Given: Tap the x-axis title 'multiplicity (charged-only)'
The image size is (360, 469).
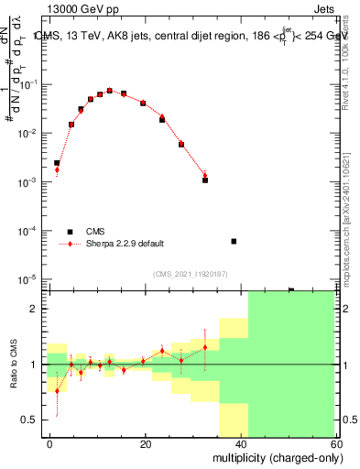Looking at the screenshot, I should (272, 456).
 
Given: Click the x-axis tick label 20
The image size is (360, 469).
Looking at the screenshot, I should (145, 442).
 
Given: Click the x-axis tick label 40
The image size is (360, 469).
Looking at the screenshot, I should (240, 442).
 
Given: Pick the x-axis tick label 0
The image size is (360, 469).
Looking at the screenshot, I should (50, 442).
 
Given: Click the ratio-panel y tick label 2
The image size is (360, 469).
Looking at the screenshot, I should (33, 309).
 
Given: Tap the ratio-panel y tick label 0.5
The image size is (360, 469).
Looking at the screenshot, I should (28, 420).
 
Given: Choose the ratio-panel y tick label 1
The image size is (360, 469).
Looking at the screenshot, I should (33, 365).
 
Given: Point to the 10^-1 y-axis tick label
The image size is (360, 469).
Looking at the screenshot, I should (27, 84).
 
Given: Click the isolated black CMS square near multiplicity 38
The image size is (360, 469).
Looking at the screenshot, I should (234, 241).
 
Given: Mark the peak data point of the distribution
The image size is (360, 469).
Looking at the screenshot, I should (110, 91).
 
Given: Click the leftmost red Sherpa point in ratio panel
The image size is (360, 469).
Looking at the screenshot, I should (57, 390).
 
